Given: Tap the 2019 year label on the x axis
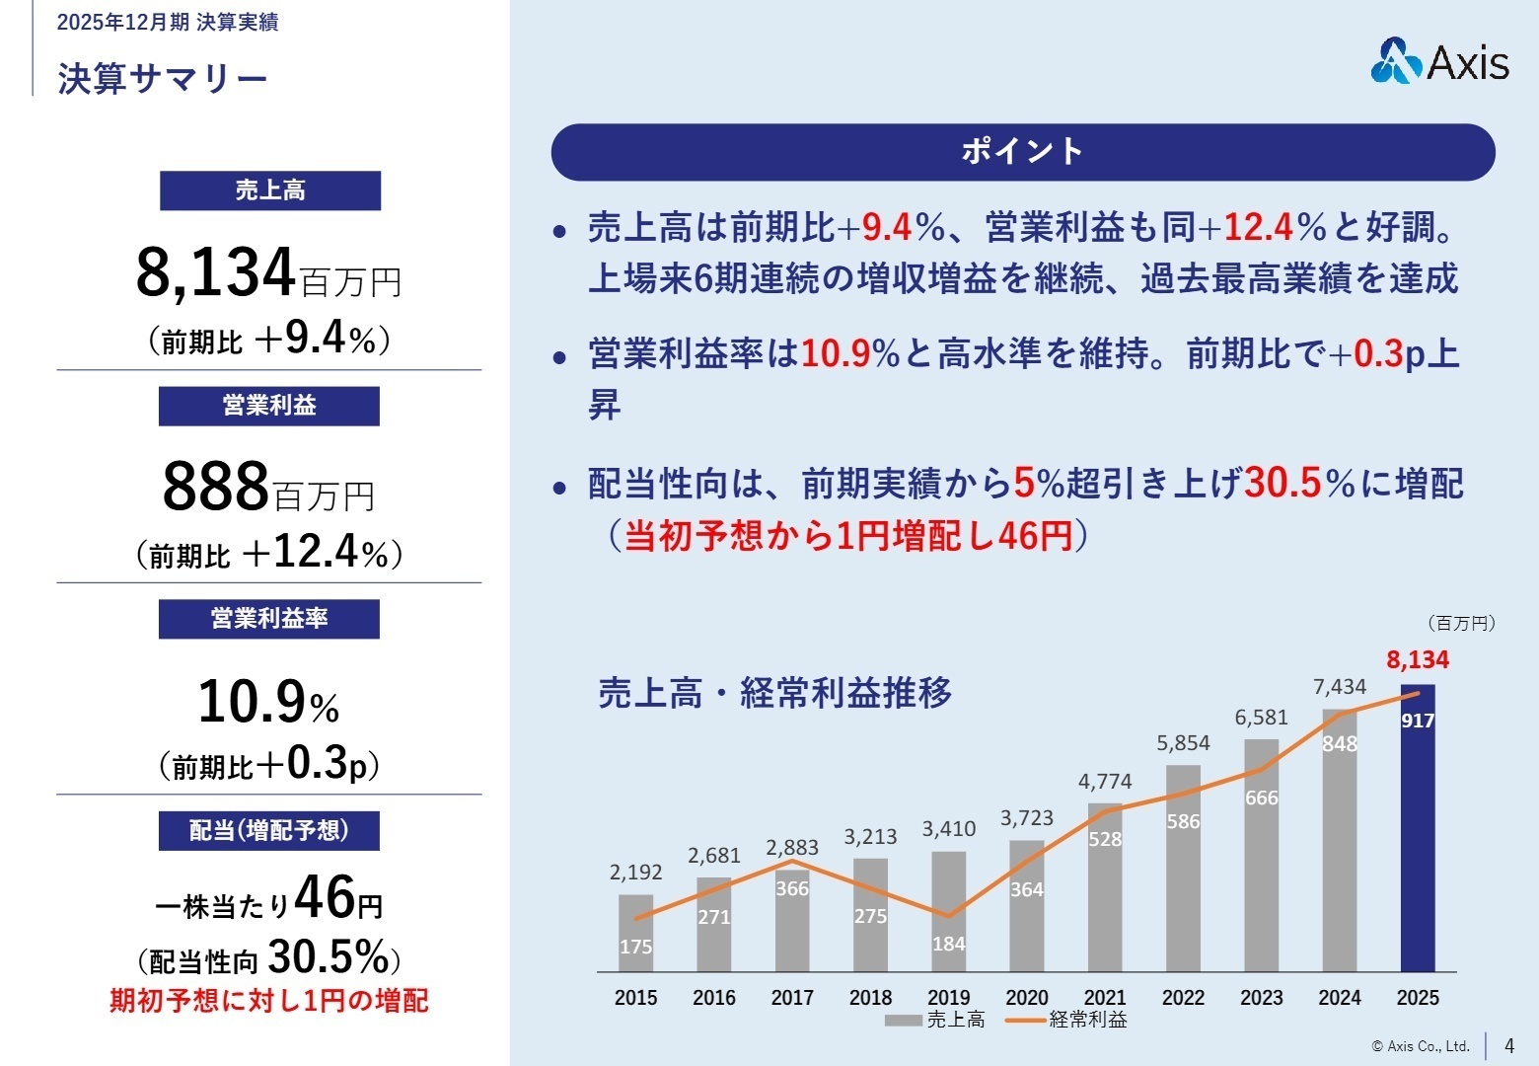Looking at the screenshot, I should click(x=948, y=998).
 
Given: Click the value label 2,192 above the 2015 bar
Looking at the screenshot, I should click(x=635, y=873).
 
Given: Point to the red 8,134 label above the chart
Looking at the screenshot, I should click(x=1418, y=659).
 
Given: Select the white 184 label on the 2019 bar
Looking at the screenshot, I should click(x=948, y=944).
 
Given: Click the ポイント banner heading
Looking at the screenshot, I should click(x=1023, y=151).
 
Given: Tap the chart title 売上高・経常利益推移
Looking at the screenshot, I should click(x=775, y=693).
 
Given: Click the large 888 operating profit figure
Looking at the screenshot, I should click(x=216, y=487).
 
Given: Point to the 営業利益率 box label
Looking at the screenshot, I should click(x=269, y=619).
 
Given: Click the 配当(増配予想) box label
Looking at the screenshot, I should click(x=269, y=830).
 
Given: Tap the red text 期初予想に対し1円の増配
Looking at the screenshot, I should click(x=269, y=1001).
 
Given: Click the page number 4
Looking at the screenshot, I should click(x=1508, y=1045).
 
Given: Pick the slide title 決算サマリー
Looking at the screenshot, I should click(x=163, y=79).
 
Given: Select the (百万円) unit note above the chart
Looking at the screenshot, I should click(x=1461, y=623).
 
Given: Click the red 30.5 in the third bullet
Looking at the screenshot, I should click(x=1282, y=484).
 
